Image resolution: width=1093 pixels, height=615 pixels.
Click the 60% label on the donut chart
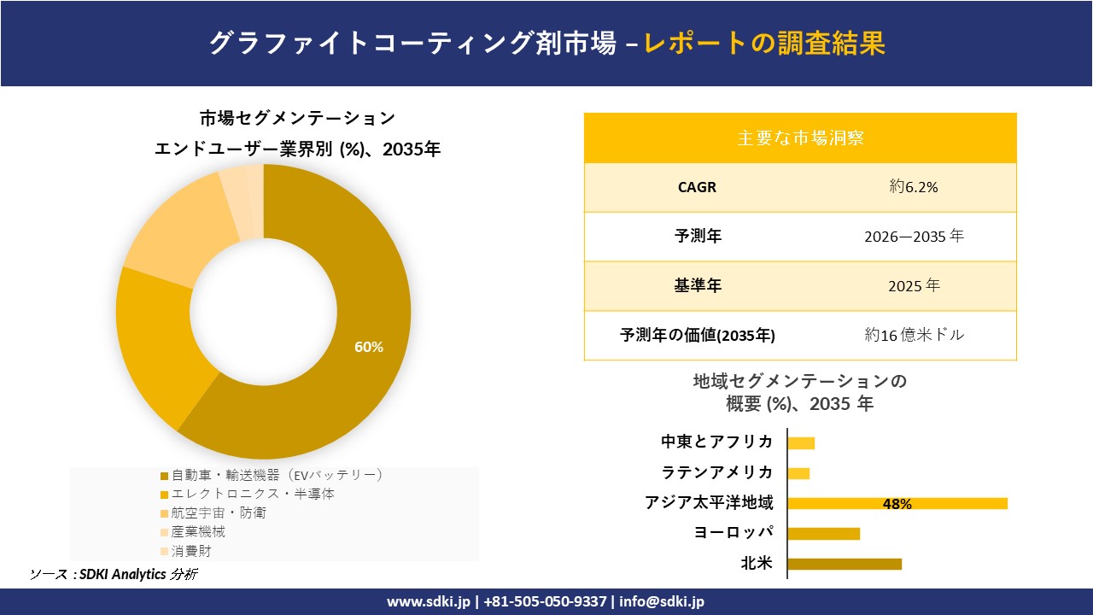pyautogui.click(x=369, y=347)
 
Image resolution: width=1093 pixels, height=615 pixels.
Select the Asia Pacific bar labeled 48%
pyautogui.click(x=897, y=504)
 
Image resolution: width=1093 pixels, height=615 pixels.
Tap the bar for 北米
pyautogui.click(x=844, y=564)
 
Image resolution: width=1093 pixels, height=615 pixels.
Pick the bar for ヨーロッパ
pyautogui.click(x=823, y=534)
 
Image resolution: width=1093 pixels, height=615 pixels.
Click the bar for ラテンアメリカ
pyautogui.click(x=798, y=473)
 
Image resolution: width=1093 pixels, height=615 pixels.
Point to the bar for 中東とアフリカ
pyautogui.click(x=801, y=442)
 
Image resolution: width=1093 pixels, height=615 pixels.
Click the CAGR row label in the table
pyautogui.click(x=698, y=187)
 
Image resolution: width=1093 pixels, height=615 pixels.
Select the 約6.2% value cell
pyautogui.click(x=913, y=187)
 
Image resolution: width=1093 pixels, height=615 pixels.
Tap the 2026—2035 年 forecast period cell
pyautogui.click(x=913, y=237)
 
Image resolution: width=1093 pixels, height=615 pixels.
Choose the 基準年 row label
pyautogui.click(x=698, y=286)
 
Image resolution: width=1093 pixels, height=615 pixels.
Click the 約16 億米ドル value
pyautogui.click(x=913, y=336)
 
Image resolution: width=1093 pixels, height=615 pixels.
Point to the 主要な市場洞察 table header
pyautogui.click(x=800, y=138)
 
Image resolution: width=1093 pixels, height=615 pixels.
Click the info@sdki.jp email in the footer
pyautogui.click(x=662, y=601)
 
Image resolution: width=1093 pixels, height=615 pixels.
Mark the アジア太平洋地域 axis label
pyautogui.click(x=709, y=503)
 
